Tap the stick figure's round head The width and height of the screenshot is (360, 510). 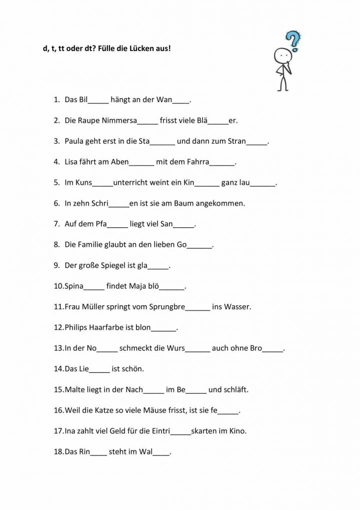(x=282, y=55)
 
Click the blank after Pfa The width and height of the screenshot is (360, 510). (x=117, y=225)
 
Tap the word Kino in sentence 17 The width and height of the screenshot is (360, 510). (x=238, y=430)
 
